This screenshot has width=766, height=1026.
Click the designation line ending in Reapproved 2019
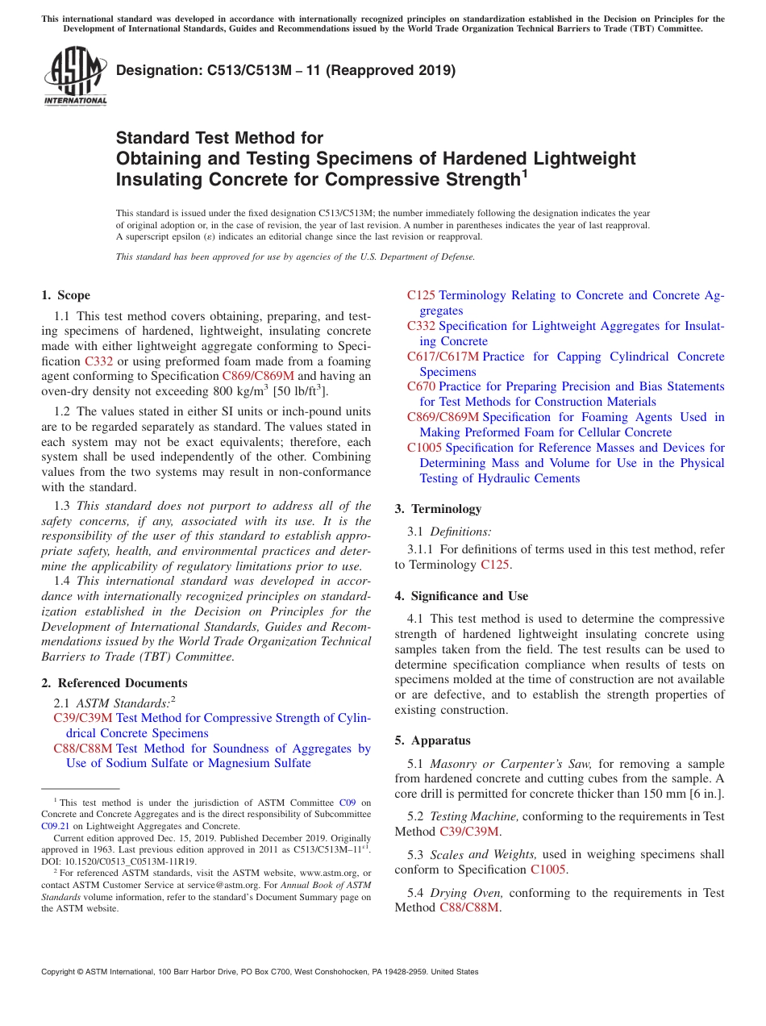[x=286, y=70]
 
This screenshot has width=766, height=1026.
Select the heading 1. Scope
[x=65, y=295]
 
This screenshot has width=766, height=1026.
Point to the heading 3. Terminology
[x=438, y=509]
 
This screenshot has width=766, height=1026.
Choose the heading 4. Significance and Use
[x=461, y=596]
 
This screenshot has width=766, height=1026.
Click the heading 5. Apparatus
[x=432, y=740]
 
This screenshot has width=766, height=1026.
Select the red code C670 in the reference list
[x=421, y=386]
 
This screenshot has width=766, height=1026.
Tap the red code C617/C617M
[x=443, y=357]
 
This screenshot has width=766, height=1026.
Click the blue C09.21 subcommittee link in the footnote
[x=55, y=826]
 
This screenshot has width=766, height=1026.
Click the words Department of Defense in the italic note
[x=424, y=257]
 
